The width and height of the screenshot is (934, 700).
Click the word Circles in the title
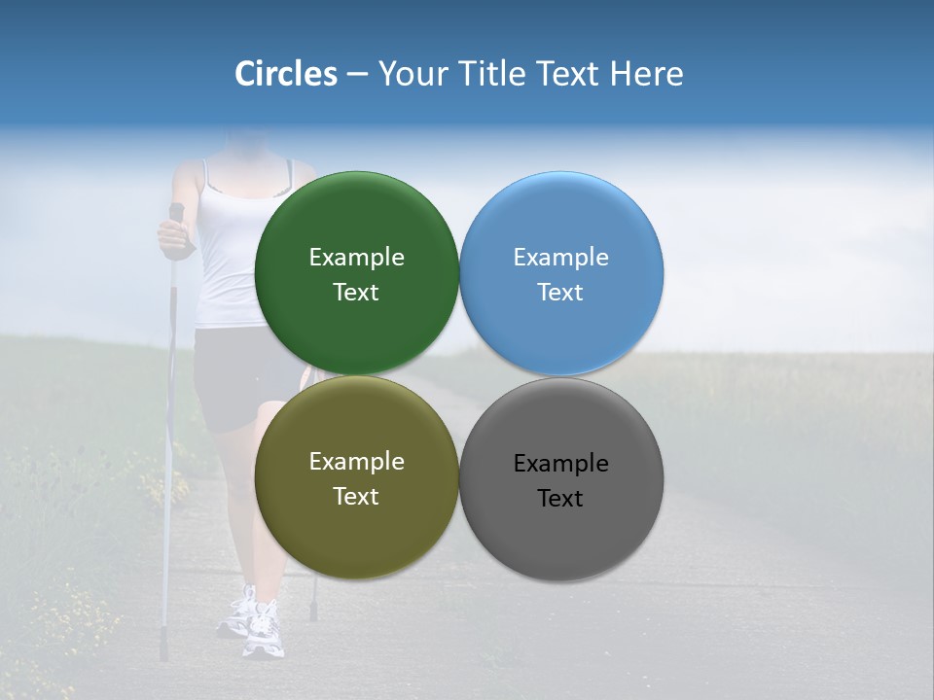pos(286,74)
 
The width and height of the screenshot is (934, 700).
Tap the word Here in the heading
pos(647,74)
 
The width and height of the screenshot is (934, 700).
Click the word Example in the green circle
pos(356,258)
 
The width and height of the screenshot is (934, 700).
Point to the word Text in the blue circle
pos(560,293)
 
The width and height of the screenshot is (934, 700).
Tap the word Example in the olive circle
pos(356,462)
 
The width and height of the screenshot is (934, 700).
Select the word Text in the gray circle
pos(560,499)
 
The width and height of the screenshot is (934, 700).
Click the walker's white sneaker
pos(263,632)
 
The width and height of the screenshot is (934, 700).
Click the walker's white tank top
pos(229,253)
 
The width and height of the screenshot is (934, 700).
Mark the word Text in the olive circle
pos(356,497)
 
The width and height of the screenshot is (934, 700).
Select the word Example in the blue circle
pos(560,258)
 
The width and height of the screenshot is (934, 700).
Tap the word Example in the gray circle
pos(560,464)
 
